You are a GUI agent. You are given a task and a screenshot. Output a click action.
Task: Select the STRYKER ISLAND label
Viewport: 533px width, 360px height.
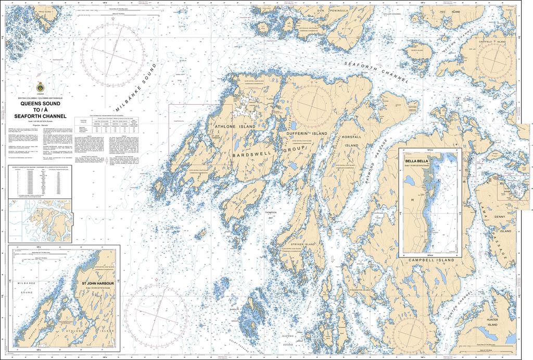[x=308, y=243]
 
